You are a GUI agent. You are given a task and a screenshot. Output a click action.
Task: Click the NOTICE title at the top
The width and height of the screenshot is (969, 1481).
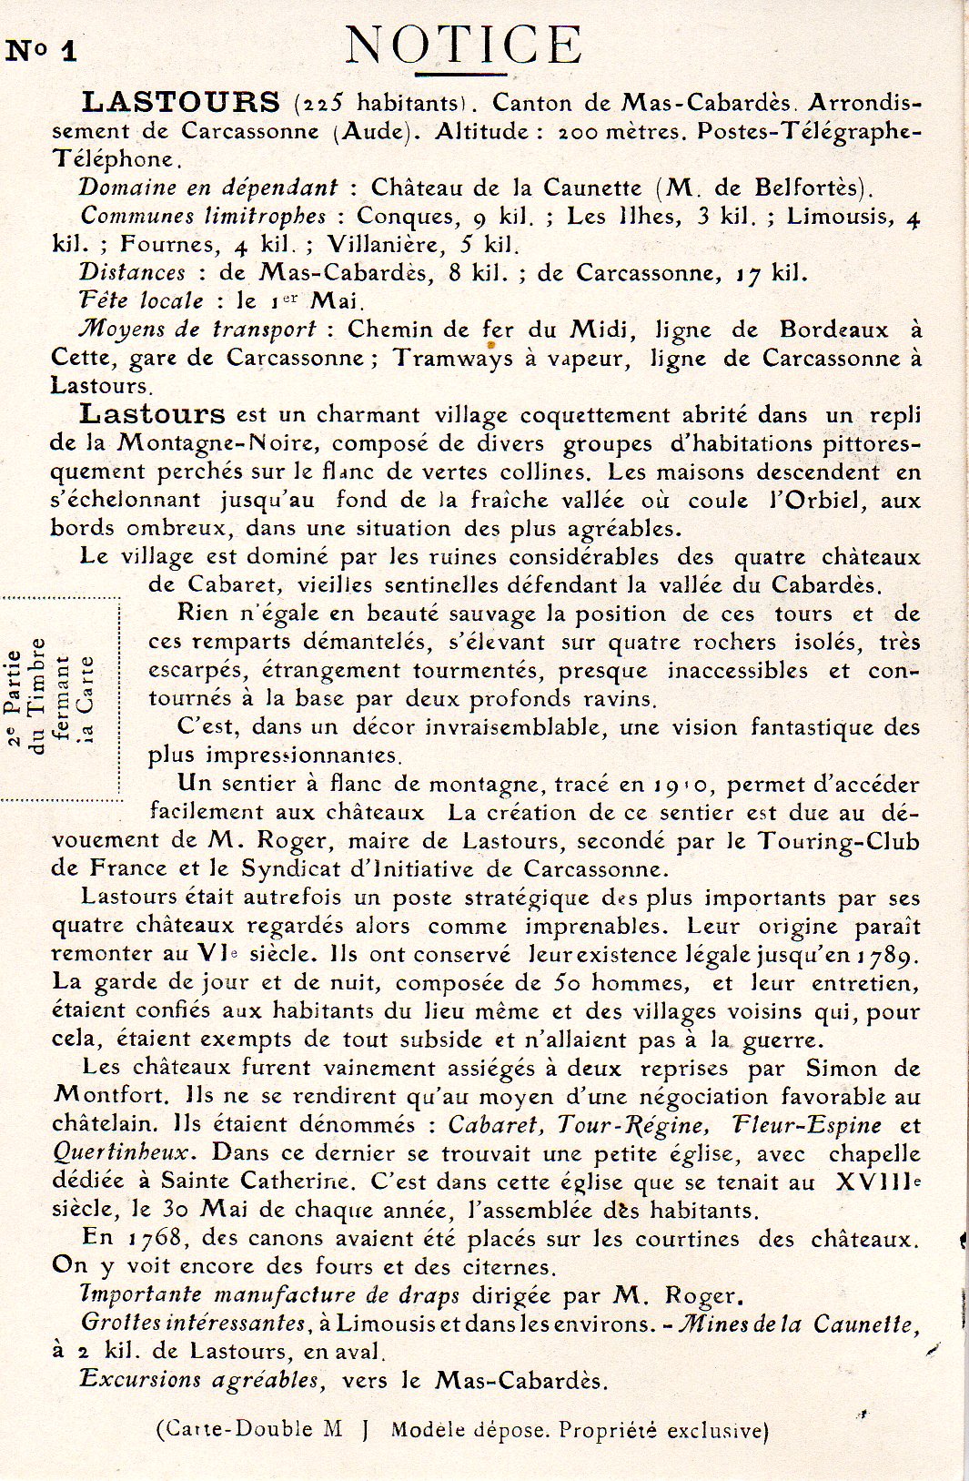463,45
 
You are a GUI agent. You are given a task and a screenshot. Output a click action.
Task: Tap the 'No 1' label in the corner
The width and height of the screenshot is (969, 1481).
42,50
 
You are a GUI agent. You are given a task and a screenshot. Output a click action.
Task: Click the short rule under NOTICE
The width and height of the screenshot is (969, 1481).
461,74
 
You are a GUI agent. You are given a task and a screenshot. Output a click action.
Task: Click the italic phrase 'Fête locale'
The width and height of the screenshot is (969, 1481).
141,300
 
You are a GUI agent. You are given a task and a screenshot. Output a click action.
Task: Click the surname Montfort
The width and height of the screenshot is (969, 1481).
111,1096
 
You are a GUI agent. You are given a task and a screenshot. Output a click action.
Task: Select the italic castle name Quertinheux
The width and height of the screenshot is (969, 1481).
118,1152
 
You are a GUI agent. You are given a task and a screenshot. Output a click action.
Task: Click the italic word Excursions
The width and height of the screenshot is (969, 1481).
139,1378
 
